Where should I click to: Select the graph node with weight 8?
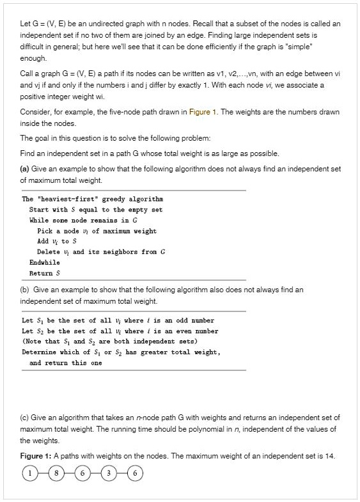(x=56, y=474)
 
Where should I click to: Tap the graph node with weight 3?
(x=109, y=474)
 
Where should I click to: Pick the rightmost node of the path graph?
(x=136, y=474)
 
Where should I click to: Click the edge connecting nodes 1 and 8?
(x=42, y=474)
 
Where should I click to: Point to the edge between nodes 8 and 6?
(x=69, y=474)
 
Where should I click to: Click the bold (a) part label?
(x=26, y=169)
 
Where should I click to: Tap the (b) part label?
(x=26, y=290)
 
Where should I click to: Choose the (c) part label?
(x=26, y=418)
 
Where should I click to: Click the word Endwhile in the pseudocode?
(x=44, y=262)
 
